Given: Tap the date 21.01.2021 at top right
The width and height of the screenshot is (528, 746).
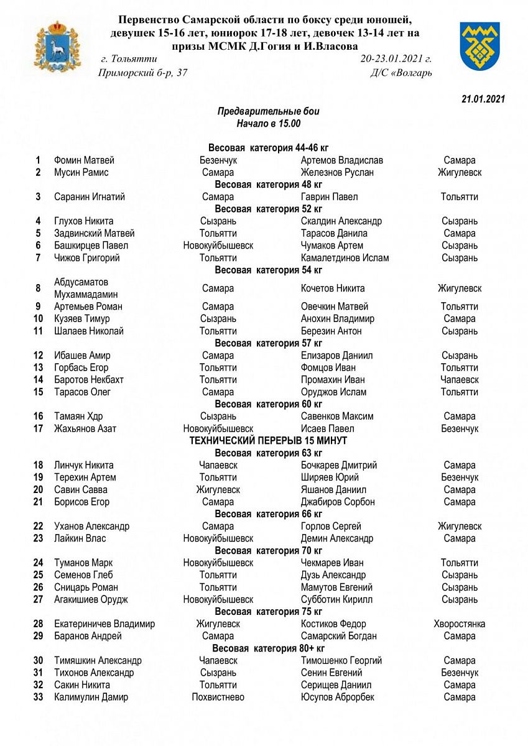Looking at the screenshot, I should tap(483, 99).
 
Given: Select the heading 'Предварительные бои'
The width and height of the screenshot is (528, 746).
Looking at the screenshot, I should tap(268, 111).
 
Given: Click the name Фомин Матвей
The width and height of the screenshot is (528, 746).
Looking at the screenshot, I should tap(84, 160).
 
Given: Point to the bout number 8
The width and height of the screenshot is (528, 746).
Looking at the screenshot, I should tap(38, 288).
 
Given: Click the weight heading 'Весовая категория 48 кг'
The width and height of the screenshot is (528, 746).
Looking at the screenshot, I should tap(268, 185).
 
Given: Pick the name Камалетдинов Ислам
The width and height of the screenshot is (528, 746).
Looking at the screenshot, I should tap(345, 258).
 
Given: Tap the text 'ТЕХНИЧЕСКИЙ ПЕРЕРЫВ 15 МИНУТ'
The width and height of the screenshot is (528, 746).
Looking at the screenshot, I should tap(268, 441).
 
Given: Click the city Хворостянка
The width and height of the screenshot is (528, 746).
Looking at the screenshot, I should tap(460, 624).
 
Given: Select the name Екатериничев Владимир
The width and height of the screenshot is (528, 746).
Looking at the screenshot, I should tap(104, 624).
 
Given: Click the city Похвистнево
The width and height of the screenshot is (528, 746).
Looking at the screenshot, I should tap(218, 697).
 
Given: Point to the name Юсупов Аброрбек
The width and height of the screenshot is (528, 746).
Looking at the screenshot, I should tap(337, 697).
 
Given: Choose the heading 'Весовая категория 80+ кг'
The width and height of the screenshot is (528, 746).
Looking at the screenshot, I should tap(268, 648).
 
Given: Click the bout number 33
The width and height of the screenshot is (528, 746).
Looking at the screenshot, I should tap(38, 697).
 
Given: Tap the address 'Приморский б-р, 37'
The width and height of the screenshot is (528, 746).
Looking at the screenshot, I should tap(142, 73).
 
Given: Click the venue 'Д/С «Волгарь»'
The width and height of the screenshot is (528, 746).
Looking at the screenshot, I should tap(401, 73).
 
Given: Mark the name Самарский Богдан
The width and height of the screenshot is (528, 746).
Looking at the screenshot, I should tap(338, 636).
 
